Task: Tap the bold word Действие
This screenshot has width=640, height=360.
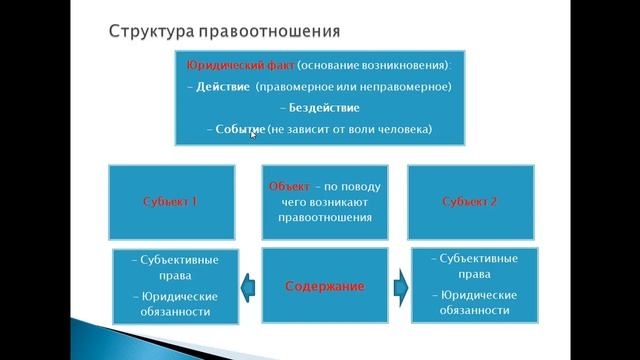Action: tap(220, 87)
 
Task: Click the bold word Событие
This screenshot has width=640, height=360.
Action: tap(240, 130)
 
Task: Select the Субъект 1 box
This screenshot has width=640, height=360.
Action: tap(172, 201)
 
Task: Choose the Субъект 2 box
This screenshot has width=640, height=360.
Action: tap(469, 201)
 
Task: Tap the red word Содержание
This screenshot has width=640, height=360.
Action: tap(325, 286)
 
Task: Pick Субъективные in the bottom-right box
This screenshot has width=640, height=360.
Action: tap(473, 259)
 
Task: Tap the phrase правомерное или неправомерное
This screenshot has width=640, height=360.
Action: tap(353, 87)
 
